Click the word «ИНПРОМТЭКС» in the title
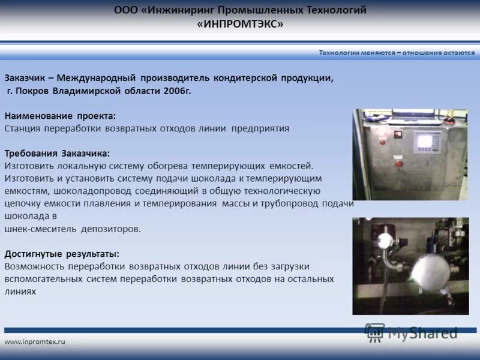pos(239,24)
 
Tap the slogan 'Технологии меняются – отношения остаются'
pos(397,53)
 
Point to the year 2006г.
pos(178,91)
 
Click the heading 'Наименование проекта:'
pos(60,115)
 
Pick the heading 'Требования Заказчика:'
pos(57,153)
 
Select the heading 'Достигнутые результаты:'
pos(62,253)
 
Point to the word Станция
pos(23,128)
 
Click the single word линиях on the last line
pos(20,291)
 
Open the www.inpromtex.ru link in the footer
pos(35,341)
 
